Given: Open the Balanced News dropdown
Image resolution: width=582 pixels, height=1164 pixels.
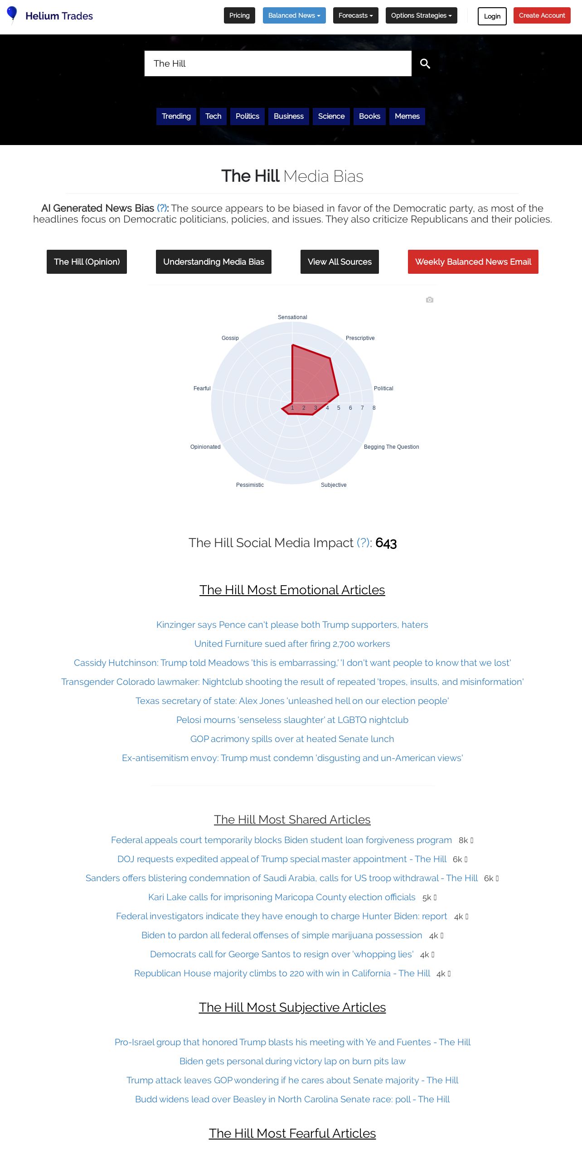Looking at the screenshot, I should click(x=294, y=15).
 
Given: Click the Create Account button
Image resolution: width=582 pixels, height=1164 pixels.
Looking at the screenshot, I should click(x=542, y=15).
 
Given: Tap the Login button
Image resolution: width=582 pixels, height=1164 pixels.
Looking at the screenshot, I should click(x=492, y=16).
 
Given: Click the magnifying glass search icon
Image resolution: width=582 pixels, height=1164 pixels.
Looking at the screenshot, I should click(x=425, y=63).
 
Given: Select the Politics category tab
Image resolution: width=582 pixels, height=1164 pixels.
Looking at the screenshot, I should click(x=247, y=116).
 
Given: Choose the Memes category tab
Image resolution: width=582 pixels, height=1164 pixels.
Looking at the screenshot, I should click(x=407, y=116).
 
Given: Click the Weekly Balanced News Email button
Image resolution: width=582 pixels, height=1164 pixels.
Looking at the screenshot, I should click(x=473, y=262).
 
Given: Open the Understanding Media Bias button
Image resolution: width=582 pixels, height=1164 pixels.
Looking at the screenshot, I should click(x=213, y=262).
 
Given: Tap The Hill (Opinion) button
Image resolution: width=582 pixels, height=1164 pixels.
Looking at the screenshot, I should click(x=87, y=262).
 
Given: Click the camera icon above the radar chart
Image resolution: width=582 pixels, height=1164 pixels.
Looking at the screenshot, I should click(x=430, y=300).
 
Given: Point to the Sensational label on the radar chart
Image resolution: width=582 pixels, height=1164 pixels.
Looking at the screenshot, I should click(x=292, y=317).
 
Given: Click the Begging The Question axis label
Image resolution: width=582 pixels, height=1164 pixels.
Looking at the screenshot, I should click(x=391, y=447).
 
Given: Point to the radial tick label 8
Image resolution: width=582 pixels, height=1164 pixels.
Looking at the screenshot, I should click(x=374, y=408).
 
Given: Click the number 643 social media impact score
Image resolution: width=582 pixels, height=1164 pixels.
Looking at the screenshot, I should click(x=386, y=543).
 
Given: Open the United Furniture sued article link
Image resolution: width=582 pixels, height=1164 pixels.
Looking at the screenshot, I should click(x=292, y=644).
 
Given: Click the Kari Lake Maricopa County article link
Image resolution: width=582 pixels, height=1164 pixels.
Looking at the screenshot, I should click(x=281, y=897).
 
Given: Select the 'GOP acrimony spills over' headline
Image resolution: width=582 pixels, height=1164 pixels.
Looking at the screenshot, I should click(x=292, y=739).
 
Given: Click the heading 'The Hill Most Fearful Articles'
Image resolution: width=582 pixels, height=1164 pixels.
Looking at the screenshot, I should click(x=292, y=1133).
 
